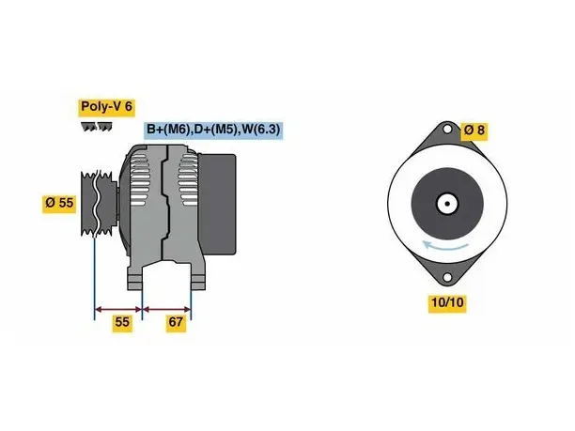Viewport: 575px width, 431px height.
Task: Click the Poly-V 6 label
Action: (x=106, y=107)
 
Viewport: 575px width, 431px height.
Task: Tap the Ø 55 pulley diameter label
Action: (x=59, y=203)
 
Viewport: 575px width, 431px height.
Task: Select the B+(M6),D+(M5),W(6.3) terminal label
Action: (x=213, y=129)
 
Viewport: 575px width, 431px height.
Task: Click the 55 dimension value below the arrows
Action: (x=122, y=322)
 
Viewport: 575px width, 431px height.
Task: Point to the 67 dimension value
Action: (x=176, y=322)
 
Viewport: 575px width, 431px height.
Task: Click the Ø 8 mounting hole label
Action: (x=474, y=131)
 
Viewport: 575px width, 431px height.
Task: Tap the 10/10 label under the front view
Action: (x=447, y=302)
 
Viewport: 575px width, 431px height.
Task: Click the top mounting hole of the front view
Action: (x=447, y=130)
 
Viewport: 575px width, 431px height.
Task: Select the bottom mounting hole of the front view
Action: (x=447, y=277)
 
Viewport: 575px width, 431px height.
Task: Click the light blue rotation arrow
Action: (x=445, y=246)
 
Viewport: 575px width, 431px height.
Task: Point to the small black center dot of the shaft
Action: (x=447, y=204)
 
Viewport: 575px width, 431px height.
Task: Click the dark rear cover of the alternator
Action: (x=217, y=204)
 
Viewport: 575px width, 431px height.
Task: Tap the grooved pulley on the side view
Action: (x=99, y=203)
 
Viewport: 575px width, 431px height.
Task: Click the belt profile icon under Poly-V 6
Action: (x=97, y=127)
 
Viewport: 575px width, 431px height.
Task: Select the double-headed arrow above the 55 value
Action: (x=118, y=310)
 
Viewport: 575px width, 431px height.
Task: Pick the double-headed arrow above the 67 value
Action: (x=167, y=310)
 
